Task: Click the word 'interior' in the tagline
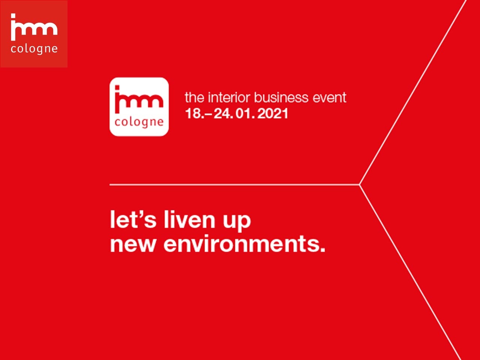point(229,97)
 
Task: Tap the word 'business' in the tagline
point(281,97)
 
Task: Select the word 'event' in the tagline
point(330,98)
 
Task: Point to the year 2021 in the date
point(273,114)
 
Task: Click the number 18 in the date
point(193,114)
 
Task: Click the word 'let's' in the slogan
point(133,219)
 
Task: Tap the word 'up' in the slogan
point(237,221)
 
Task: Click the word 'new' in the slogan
point(133,244)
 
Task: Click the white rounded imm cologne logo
point(139,106)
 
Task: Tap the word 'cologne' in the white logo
point(139,122)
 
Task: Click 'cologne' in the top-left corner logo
point(34,49)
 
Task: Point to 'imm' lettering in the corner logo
point(34,27)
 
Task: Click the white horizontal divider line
point(234,185)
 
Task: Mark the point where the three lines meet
point(360,185)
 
